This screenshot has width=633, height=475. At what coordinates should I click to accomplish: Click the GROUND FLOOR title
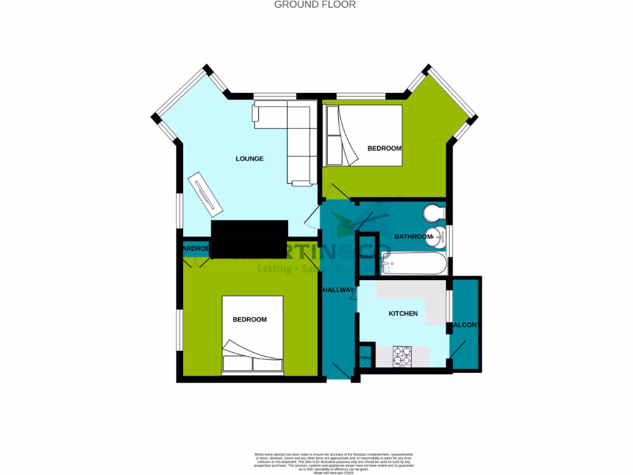315,5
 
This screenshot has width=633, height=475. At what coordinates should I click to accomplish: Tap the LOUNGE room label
250,159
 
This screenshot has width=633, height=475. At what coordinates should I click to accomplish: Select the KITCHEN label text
403,314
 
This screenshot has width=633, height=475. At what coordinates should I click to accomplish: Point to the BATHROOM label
413,237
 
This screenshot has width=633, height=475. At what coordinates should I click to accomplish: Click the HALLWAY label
338,290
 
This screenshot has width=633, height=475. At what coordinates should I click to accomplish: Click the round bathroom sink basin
440,236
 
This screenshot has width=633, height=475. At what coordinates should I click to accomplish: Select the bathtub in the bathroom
413,263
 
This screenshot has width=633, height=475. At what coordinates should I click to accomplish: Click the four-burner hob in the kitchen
402,355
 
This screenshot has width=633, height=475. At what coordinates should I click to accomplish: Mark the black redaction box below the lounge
249,238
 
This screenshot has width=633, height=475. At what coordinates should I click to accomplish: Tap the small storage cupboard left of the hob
365,358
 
